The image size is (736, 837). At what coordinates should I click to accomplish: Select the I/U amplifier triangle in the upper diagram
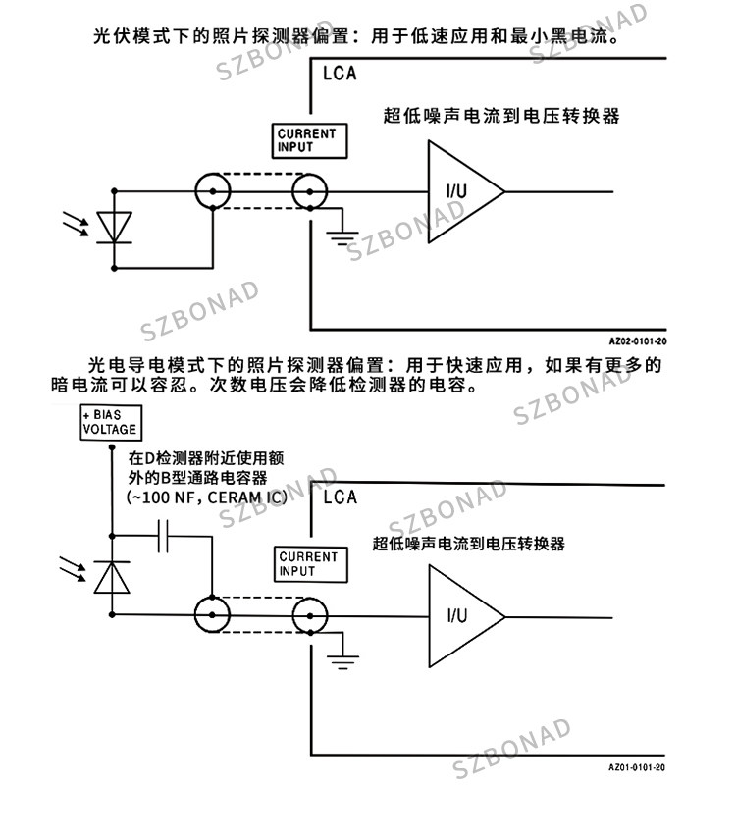click(x=429, y=191)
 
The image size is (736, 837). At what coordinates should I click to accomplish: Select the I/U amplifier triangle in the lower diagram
click(x=430, y=616)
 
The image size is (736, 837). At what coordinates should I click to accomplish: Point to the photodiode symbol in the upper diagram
click(x=114, y=228)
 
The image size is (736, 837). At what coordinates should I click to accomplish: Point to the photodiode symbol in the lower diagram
click(x=112, y=577)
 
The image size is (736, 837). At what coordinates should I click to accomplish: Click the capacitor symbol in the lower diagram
click(x=163, y=536)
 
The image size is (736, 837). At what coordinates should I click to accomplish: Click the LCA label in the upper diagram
click(x=340, y=74)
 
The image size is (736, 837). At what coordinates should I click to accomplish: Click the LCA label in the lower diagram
click(x=340, y=497)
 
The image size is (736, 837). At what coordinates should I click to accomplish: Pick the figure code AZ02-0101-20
click(x=637, y=341)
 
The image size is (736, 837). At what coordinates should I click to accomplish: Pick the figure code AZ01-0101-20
click(x=637, y=767)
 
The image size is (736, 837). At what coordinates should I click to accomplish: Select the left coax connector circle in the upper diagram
click(x=195, y=191)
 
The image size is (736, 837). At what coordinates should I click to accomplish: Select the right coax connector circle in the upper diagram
click(x=292, y=191)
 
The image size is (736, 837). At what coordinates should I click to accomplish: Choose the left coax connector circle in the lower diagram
click(x=195, y=615)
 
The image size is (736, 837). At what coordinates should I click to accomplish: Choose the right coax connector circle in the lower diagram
click(x=292, y=615)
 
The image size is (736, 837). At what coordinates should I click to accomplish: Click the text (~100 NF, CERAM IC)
click(x=207, y=497)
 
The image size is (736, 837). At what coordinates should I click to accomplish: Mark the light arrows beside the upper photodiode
click(x=76, y=224)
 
